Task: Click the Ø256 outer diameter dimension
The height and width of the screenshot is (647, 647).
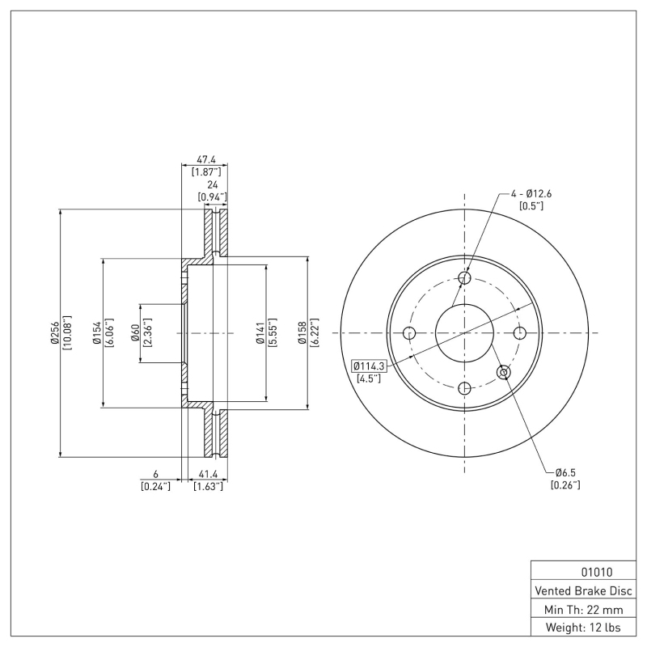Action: coord(54,332)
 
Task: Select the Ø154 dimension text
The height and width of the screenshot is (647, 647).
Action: coord(96,332)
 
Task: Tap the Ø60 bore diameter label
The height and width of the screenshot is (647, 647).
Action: coord(135,332)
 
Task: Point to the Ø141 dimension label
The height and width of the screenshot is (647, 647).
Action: coord(260,332)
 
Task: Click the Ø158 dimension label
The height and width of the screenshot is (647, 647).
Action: coord(302,332)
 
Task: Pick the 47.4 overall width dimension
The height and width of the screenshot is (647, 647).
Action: coord(205,160)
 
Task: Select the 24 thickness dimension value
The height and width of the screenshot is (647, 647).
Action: coord(211,184)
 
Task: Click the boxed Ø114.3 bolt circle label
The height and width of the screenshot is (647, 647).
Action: coord(370,366)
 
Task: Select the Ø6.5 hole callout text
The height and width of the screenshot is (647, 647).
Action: coord(565,472)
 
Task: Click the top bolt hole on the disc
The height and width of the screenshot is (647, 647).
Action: coord(464,278)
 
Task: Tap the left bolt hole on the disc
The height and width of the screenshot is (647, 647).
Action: coord(409,333)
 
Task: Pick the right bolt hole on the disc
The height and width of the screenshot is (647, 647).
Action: coord(520,333)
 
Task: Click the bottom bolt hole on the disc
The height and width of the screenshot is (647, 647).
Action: coord(464,388)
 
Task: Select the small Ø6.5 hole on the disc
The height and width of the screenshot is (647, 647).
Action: coord(504,372)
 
